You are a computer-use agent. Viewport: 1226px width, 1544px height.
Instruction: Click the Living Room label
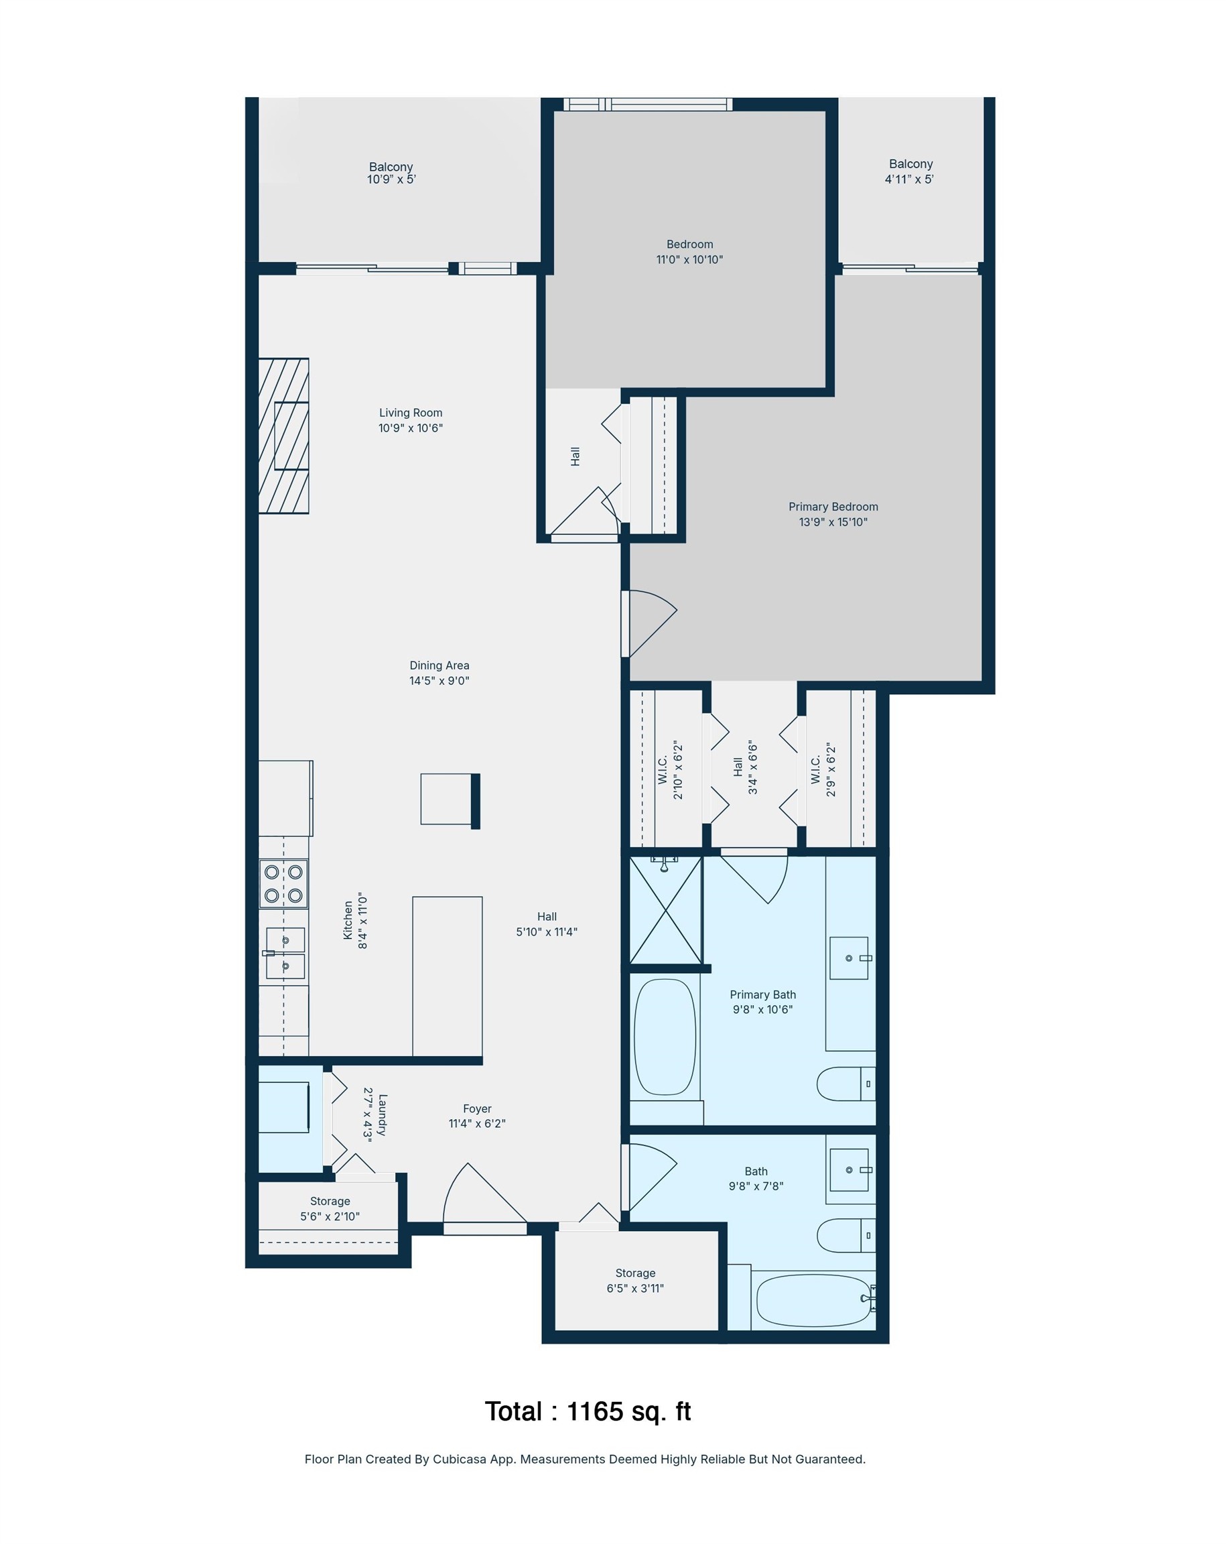tap(410, 413)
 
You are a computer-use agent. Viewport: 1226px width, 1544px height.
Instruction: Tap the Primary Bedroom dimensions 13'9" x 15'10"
tap(833, 522)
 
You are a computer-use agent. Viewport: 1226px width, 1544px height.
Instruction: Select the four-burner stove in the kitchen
tap(283, 883)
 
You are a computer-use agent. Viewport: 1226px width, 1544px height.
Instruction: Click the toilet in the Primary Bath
tap(845, 1084)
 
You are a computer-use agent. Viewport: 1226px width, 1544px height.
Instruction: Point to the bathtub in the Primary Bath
tap(665, 1036)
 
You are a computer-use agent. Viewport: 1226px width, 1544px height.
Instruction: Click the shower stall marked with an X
tap(665, 910)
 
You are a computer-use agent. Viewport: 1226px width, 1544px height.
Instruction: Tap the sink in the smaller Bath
tap(849, 1170)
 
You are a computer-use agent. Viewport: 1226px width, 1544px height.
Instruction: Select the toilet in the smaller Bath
tap(845, 1235)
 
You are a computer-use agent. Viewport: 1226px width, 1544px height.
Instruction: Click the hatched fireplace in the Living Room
tap(283, 436)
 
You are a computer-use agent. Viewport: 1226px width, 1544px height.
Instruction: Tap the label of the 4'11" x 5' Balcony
tap(910, 164)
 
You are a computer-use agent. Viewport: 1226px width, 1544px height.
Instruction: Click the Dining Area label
tap(439, 665)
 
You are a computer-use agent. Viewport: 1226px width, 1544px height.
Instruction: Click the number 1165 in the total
tap(594, 1411)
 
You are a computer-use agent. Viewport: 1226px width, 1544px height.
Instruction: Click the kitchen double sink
tap(285, 953)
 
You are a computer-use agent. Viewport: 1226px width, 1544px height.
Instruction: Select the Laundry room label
tap(383, 1114)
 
